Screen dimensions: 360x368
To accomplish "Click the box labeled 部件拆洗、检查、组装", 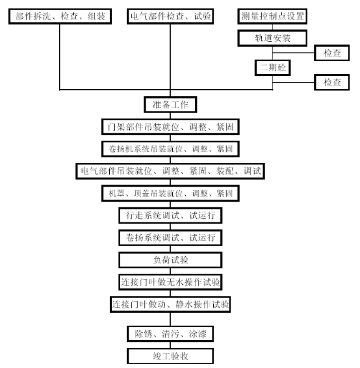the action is pos(60,16).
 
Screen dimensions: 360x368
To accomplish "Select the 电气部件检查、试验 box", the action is pos(170,16).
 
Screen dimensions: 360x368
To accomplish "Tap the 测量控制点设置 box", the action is pos(272,16).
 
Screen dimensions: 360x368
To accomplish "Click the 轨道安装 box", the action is pos(272,38).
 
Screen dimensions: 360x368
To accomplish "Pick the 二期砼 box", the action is pos(272,68).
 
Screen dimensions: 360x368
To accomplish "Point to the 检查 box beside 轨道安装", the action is pos(332,53).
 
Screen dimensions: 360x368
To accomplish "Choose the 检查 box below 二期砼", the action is pos(332,83).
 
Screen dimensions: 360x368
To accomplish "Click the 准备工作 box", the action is pos(170,105).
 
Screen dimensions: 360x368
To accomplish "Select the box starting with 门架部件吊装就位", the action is pos(170,127).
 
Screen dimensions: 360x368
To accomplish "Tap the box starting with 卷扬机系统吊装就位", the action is pos(170,149).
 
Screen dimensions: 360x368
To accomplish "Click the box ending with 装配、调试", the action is pos(170,171).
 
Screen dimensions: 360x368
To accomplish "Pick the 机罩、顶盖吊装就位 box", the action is pos(170,193).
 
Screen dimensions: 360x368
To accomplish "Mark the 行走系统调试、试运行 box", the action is pos(170,215).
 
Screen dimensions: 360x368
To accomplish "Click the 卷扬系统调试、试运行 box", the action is pos(170,238).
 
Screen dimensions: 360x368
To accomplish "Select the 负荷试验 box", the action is pos(170,260).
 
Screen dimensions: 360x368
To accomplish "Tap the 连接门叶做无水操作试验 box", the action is pos(170,282).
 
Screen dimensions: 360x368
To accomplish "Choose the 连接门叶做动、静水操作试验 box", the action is pos(170,304).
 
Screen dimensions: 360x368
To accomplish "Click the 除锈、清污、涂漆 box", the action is pos(170,334).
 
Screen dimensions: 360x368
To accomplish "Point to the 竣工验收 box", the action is pos(170,356).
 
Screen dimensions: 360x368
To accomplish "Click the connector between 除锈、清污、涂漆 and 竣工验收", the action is pos(170,345).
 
